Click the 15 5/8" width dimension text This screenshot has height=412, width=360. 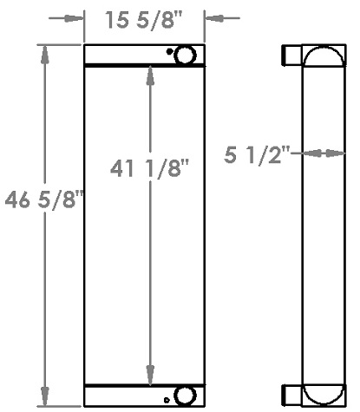144,18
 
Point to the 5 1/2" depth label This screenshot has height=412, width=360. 256,156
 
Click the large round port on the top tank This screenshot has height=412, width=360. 186,56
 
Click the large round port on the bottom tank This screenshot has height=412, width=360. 185,396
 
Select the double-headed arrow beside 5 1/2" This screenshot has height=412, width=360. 320,154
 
